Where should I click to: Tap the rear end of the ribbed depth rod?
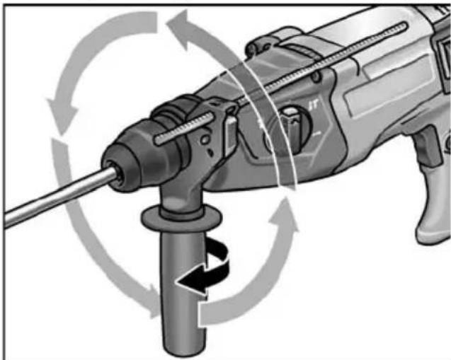[406, 27]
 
